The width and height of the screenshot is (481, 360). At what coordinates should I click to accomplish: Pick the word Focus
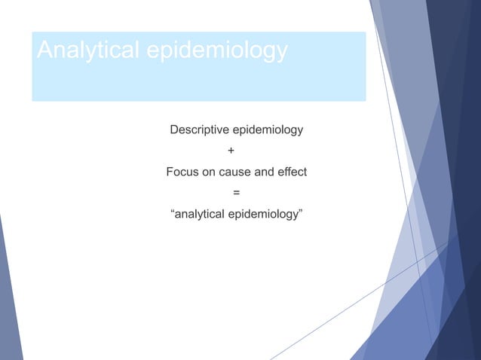pos(182,172)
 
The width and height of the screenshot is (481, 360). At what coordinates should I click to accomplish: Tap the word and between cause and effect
pos(264,172)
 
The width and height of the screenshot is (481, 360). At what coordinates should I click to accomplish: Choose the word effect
pos(292,172)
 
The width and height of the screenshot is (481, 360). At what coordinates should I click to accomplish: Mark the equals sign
pos(237,194)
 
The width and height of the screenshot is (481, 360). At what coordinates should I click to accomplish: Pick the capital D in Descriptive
pos(174,130)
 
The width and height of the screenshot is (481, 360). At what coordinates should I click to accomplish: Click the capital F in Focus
pos(170,172)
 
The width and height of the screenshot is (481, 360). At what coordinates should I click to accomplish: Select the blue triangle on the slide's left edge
pos(9,301)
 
